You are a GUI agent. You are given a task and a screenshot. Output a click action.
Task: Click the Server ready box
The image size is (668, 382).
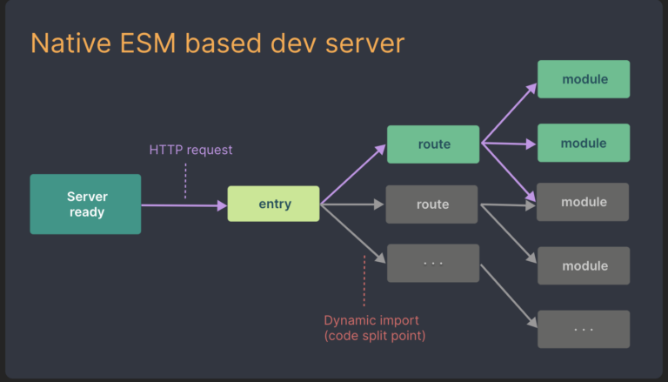tap(85, 204)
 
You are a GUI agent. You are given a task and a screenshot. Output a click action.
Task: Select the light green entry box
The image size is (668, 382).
tap(273, 204)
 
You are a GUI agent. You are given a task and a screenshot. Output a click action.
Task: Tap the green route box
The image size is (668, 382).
tap(433, 144)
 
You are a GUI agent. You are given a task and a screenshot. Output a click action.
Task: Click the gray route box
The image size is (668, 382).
tap(433, 204)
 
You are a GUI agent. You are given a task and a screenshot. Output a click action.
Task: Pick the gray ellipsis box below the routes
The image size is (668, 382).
tap(433, 263)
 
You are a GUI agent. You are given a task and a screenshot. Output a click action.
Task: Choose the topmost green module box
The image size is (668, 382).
tap(583, 79)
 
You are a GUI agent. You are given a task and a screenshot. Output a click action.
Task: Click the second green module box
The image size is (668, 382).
tap(583, 143)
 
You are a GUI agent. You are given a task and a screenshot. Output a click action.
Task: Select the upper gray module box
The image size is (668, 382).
tap(583, 202)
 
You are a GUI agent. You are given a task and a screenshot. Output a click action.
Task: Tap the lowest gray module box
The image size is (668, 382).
tap(583, 265)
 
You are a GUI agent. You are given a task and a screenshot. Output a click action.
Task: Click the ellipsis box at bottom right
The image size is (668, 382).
tap(583, 329)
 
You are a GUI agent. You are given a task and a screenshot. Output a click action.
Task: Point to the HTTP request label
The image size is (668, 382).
tap(190, 150)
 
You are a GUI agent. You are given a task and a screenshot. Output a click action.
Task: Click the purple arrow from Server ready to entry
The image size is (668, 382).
tap(183, 205)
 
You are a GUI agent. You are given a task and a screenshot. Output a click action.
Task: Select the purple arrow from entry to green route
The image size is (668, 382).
tap(353, 175)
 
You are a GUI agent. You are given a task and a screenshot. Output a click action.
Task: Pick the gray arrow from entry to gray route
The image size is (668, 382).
tap(352, 205)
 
